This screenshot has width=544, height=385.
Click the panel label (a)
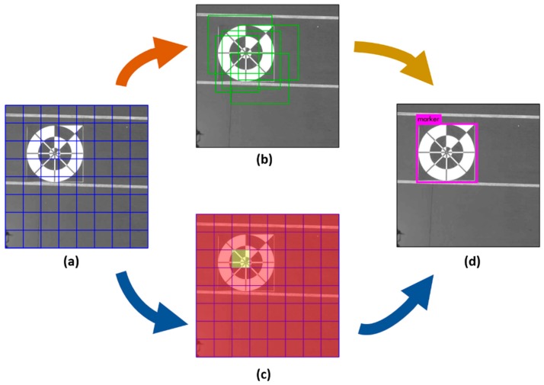(71, 261)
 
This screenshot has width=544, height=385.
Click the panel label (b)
(266, 160)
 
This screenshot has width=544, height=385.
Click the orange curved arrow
(150, 63)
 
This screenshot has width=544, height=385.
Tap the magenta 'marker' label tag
(428, 119)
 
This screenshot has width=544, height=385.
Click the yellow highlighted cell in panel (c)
(242, 260)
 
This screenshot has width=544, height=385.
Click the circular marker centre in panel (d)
(446, 152)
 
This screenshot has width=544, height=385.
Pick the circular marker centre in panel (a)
(55, 152)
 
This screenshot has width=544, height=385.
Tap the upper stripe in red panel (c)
(267, 226)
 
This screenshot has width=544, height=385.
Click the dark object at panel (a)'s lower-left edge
(9, 236)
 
